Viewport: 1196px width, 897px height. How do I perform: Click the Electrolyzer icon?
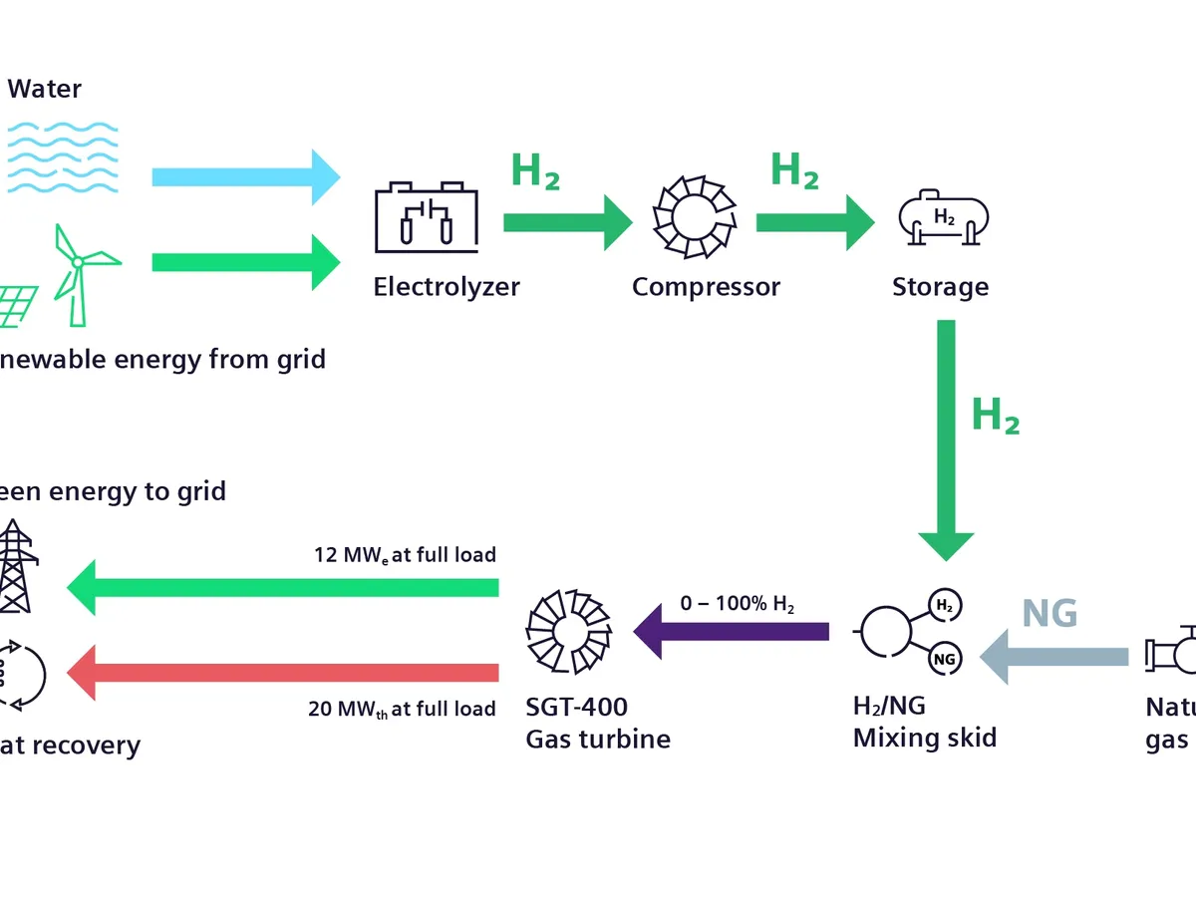(x=426, y=216)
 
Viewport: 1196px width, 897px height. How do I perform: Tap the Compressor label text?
(x=706, y=287)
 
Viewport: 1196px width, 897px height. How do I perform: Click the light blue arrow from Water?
(x=245, y=177)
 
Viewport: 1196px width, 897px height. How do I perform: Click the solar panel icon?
(x=20, y=305)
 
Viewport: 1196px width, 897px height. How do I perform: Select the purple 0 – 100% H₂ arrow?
(x=733, y=631)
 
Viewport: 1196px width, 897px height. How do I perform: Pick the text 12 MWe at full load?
(x=406, y=555)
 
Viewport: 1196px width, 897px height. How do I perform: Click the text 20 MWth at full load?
(x=402, y=710)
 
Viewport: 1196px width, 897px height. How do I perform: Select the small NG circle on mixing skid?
(x=943, y=658)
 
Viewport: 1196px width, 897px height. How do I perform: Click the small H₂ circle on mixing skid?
(x=943, y=604)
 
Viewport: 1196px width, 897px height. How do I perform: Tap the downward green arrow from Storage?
(x=945, y=439)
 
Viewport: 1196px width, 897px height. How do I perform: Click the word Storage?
(x=940, y=287)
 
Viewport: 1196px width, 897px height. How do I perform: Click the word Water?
(x=45, y=89)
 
